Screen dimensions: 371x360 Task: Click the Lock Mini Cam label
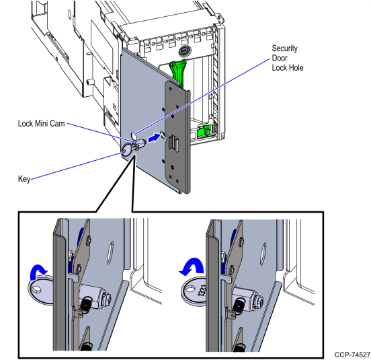(x=42, y=123)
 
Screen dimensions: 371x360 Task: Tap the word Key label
(x=24, y=179)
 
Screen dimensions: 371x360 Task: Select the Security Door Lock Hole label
(x=288, y=58)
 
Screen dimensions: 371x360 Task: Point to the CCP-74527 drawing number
(x=352, y=355)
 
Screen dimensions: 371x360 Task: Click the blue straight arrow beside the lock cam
(x=154, y=137)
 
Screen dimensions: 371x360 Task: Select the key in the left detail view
(x=41, y=289)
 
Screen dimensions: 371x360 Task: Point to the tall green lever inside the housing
(x=177, y=72)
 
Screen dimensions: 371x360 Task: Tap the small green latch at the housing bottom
(x=204, y=131)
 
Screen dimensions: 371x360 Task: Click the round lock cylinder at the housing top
(x=183, y=51)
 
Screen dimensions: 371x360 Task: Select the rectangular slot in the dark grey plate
(x=174, y=142)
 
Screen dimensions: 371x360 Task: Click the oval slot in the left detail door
(x=110, y=252)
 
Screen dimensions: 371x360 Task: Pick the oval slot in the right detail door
(x=263, y=254)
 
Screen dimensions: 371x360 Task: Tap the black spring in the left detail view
(x=85, y=303)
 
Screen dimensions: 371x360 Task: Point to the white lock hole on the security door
(x=134, y=136)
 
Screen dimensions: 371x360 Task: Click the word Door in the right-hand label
(x=280, y=58)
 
